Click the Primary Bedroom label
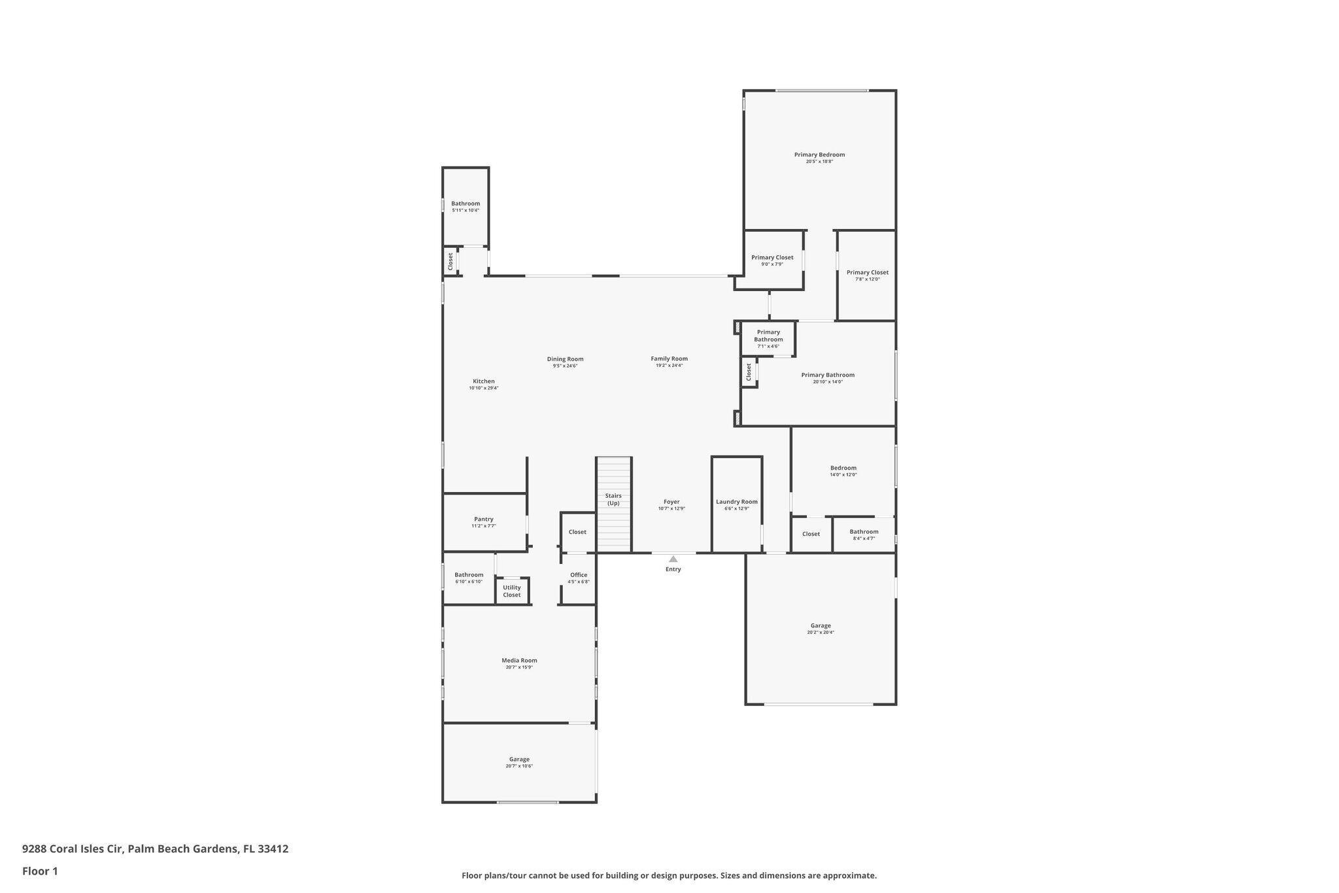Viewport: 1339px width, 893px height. click(x=819, y=155)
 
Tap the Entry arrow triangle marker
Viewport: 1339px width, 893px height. click(x=673, y=559)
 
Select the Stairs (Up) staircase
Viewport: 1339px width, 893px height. click(x=613, y=504)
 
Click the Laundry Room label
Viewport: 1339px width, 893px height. click(x=736, y=502)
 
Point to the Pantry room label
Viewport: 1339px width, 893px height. click(x=484, y=519)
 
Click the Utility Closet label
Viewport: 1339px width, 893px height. click(x=512, y=591)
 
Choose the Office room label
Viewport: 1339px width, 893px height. click(x=579, y=575)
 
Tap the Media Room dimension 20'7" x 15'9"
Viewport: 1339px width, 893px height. click(x=519, y=667)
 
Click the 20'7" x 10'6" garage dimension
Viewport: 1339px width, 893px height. click(x=519, y=766)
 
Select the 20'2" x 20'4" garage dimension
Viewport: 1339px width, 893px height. click(x=821, y=633)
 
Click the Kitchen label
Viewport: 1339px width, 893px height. click(x=484, y=381)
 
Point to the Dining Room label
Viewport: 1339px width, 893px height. click(x=565, y=359)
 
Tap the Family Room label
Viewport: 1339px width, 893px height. click(x=669, y=359)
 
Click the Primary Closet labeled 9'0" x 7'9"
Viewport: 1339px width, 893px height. click(x=772, y=258)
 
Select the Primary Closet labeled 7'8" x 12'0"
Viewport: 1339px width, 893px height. click(x=867, y=273)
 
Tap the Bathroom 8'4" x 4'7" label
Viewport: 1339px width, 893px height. click(x=864, y=532)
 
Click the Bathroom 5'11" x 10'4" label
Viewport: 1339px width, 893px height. click(x=466, y=203)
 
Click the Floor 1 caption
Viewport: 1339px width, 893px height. click(x=40, y=871)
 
